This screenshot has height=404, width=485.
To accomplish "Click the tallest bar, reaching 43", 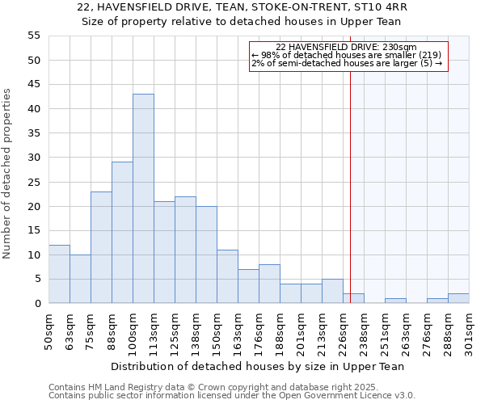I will tap(143, 199).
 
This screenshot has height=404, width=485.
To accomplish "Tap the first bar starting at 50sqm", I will tap(59, 274).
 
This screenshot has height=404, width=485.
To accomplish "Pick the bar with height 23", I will tap(101, 247).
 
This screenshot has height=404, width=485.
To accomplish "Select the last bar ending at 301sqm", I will tap(458, 298).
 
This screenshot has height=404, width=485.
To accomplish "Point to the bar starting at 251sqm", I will tap(395, 301).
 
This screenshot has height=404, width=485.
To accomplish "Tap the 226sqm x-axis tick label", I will tap(343, 328).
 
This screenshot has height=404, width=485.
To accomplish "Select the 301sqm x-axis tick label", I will tap(469, 328).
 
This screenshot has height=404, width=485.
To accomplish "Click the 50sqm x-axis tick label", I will tap(48, 326).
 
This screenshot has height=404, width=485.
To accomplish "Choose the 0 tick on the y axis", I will tap(37, 303).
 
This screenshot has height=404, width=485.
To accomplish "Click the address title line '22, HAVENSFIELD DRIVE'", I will tap(242, 7).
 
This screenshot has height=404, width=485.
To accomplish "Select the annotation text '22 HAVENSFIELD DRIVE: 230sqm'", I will tap(346, 48).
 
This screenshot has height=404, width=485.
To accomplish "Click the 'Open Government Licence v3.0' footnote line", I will tap(232, 395).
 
